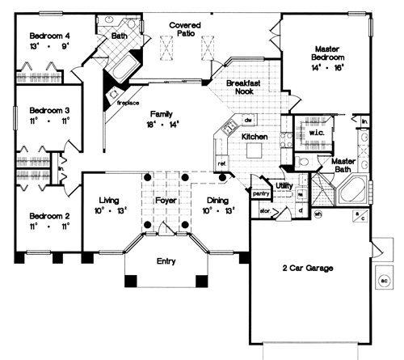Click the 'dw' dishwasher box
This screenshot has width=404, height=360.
(x=248, y=121)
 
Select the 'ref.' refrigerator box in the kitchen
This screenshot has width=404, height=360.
(x=221, y=164)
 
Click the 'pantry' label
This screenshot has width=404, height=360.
(x=260, y=193)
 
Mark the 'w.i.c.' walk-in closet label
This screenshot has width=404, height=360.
(x=315, y=131)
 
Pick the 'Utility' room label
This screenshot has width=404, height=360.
(x=284, y=186)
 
